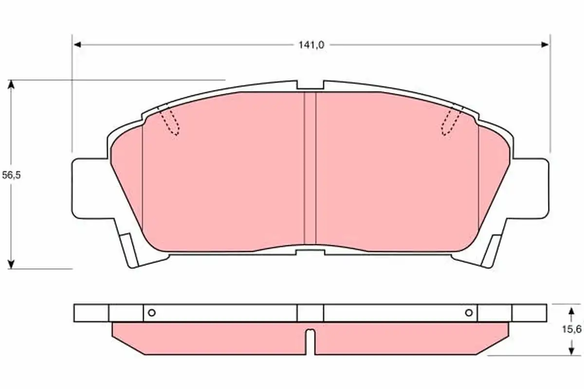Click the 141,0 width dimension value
[x=311, y=45]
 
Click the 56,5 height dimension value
[x=11, y=175]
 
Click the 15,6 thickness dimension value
[x=571, y=329]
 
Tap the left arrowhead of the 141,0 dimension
[x=77, y=45]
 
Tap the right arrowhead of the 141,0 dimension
[x=545, y=45]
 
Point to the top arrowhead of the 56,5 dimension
[x=11, y=85]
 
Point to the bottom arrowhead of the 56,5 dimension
[x=11, y=264]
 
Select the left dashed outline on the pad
[x=170, y=122]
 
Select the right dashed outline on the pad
[x=451, y=122]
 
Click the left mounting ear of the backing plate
[x=90, y=188]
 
